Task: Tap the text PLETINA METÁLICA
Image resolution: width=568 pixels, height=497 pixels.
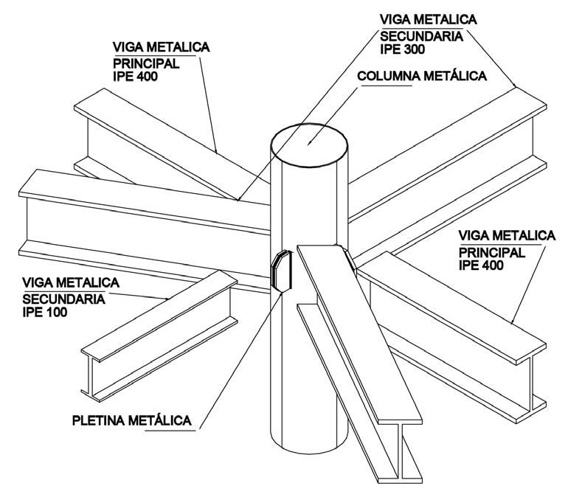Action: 132,421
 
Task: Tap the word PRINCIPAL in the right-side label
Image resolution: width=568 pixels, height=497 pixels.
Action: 492,252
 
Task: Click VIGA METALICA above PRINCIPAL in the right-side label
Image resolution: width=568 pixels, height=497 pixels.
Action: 507,236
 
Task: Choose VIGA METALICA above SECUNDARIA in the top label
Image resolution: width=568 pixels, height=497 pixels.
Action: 427,18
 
